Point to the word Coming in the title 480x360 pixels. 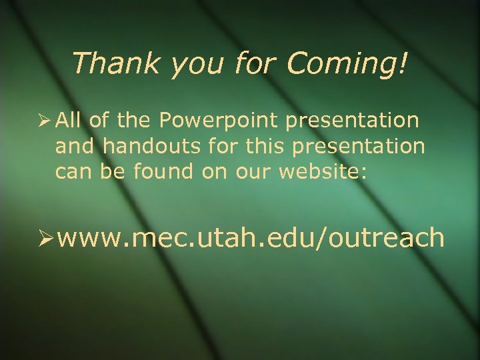coord(339,65)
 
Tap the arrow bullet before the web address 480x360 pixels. coord(45,236)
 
